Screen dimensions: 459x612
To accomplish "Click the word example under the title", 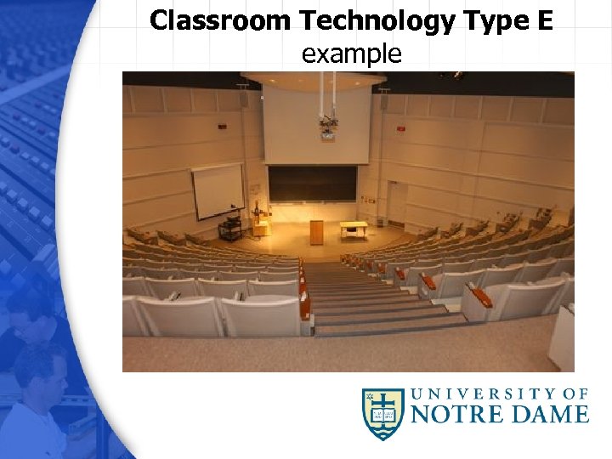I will pos(351,54).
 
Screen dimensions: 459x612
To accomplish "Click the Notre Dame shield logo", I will pos(382,412).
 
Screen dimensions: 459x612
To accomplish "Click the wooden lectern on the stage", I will pos(316,231).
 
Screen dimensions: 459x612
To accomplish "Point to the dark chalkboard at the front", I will pos(313,183).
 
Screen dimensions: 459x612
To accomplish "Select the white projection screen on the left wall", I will pos(218,191).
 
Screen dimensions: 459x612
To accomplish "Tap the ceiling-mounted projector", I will pos(327,127).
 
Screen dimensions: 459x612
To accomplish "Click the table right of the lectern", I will pos(354,228).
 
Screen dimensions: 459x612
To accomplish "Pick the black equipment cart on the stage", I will pos(231,227).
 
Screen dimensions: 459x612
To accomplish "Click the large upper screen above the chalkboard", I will pos(316,123).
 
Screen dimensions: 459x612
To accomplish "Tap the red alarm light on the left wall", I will pos(223,127).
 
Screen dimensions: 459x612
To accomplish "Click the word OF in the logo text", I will pos(576,394).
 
